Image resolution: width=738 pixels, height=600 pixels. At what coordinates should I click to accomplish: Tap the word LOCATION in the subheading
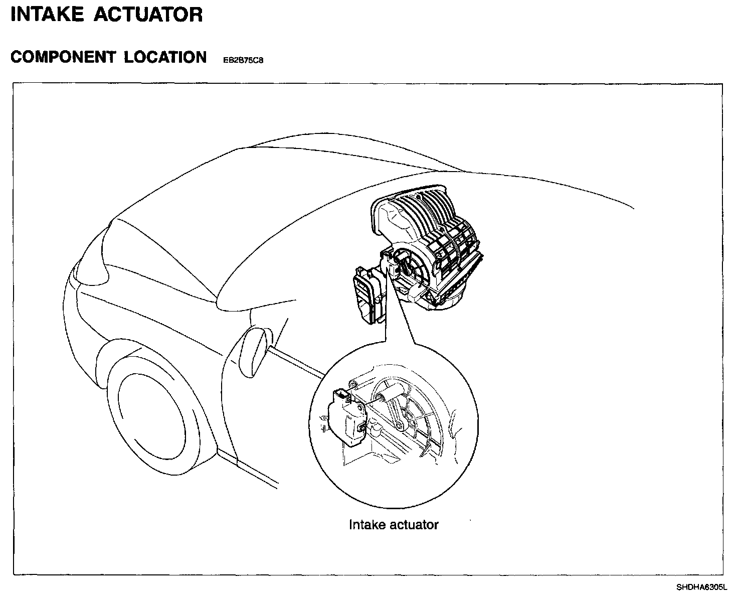coord(165,57)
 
